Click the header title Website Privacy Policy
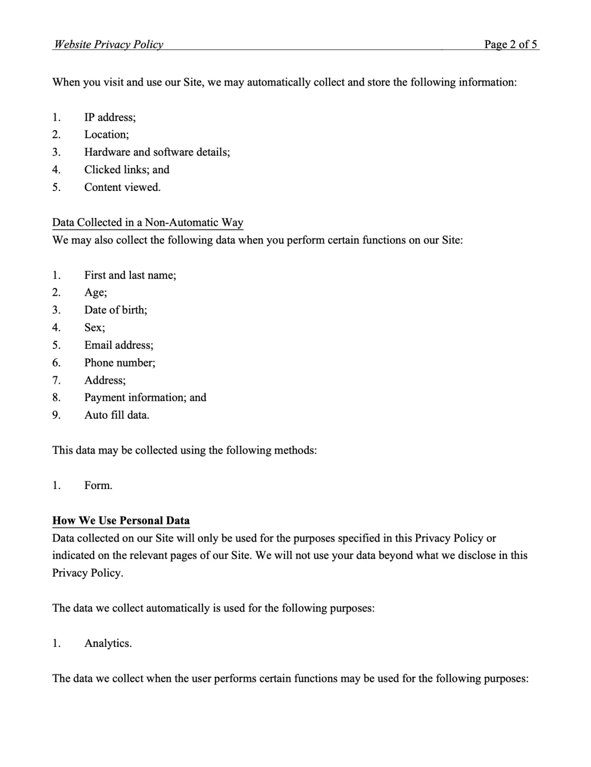(108, 44)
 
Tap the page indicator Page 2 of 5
(510, 44)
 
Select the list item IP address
(110, 117)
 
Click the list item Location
(106, 134)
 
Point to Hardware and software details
(157, 152)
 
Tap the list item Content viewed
(122, 187)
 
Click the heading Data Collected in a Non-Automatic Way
(148, 222)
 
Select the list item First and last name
(130, 275)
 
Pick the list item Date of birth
(115, 310)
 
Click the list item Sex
(95, 328)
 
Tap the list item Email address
(119, 345)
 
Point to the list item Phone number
(120, 363)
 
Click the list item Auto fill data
(117, 415)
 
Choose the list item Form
(98, 486)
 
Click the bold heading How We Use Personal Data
(121, 521)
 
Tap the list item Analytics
(108, 644)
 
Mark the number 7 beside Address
(56, 380)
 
